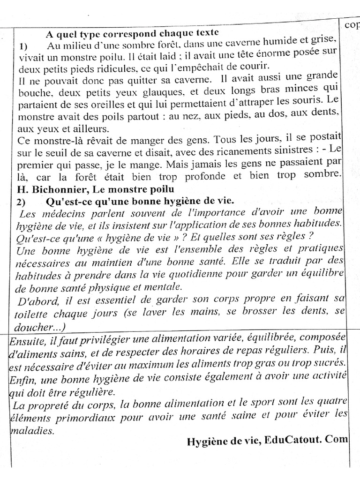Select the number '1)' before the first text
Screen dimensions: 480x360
coord(24,47)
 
